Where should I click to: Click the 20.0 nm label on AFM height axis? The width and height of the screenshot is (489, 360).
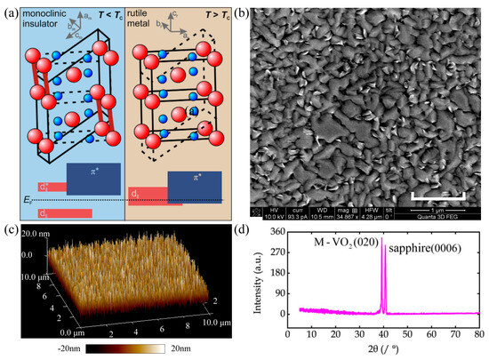30,234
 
